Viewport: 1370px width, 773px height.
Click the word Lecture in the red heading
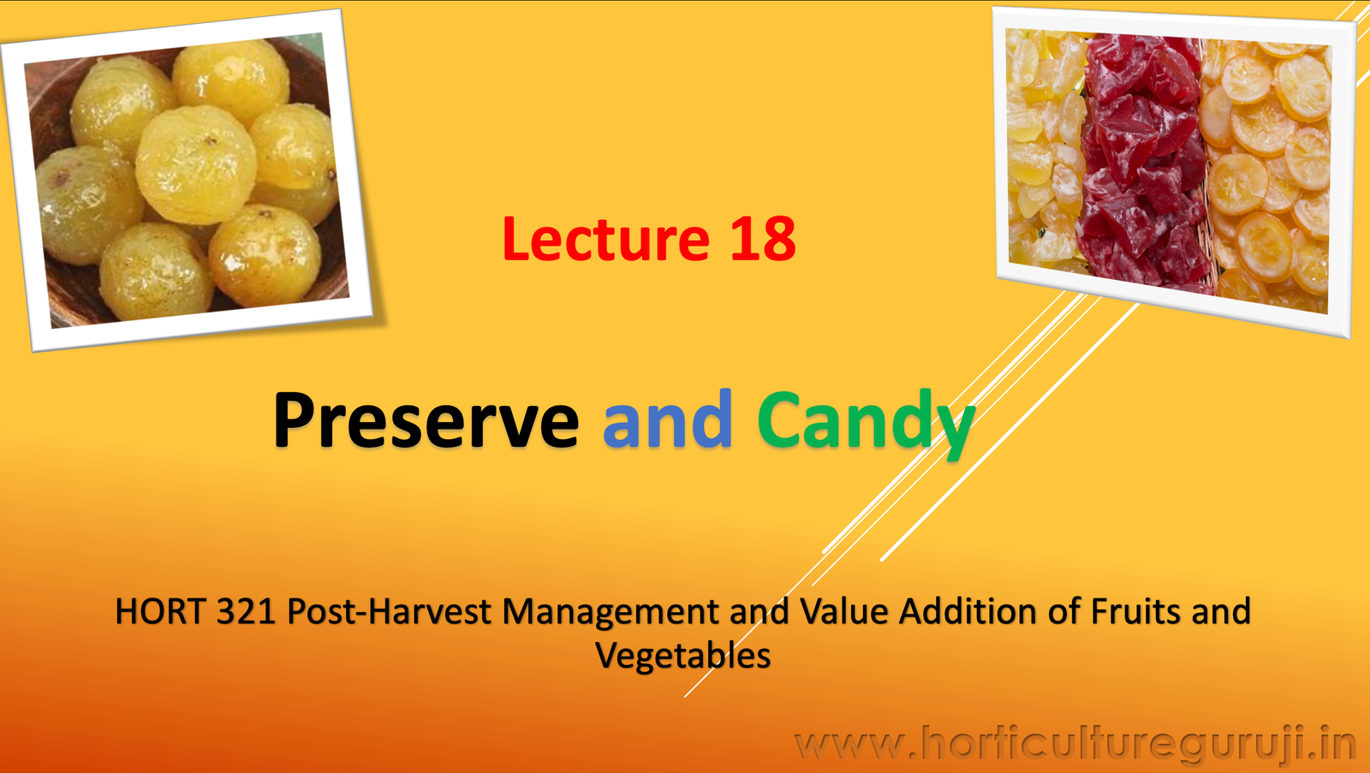coord(605,239)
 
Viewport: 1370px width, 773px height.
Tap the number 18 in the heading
coord(762,239)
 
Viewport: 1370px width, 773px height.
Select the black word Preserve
coord(426,420)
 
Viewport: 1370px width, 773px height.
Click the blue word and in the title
coord(667,420)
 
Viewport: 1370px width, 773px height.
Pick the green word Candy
coord(865,420)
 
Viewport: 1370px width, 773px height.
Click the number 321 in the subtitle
coord(246,612)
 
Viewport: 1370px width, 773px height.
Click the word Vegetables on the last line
coord(682,657)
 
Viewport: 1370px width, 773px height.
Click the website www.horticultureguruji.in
coord(1075,744)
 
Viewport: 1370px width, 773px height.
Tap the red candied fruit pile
coord(1143,163)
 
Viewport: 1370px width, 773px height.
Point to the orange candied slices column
coord(1267,171)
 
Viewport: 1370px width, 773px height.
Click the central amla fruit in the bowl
coord(195,164)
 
